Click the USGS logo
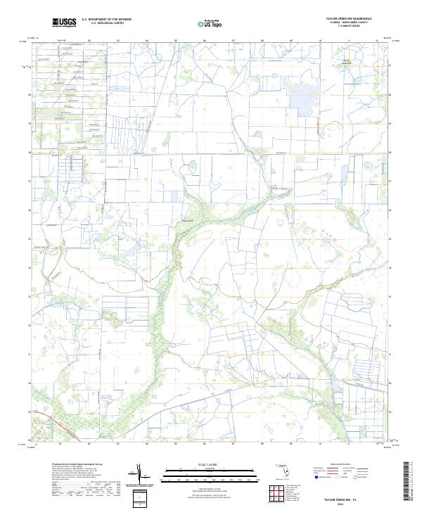pos(64,23)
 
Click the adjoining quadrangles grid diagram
pos(275,490)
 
